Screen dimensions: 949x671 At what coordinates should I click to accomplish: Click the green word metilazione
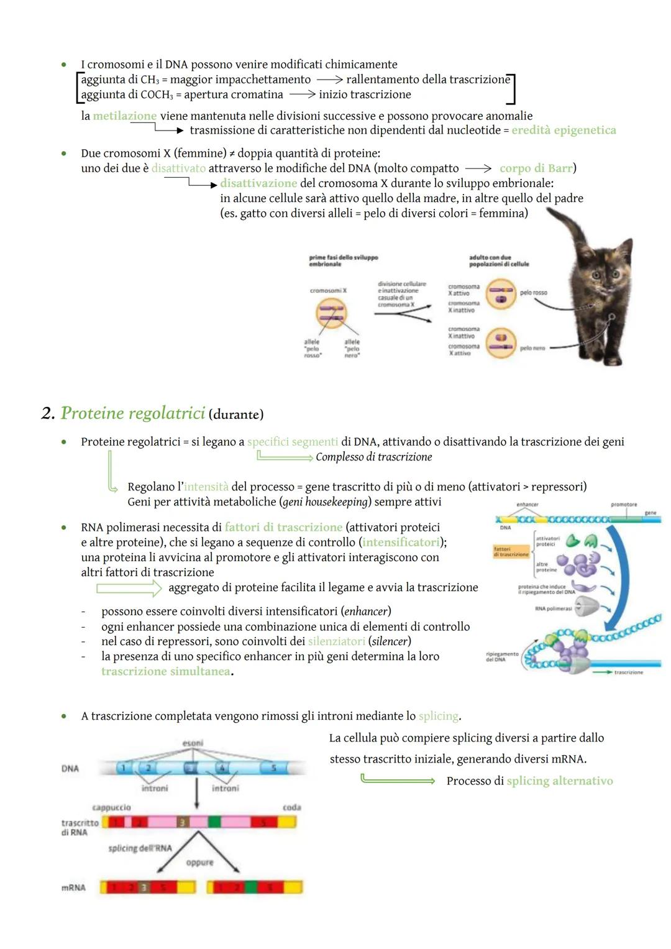click(x=124, y=116)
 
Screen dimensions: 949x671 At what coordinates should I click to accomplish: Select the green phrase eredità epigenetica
click(x=564, y=131)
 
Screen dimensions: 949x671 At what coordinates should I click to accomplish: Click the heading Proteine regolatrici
click(x=132, y=413)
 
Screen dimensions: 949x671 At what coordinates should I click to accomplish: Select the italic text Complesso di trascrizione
click(x=373, y=457)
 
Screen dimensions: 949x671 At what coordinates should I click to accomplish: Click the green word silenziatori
click(x=336, y=641)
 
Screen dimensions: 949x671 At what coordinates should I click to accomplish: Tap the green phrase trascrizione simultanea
click(x=165, y=672)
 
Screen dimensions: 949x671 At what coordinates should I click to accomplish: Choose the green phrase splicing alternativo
click(x=559, y=781)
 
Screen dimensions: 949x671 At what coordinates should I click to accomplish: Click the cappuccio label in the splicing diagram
click(x=111, y=807)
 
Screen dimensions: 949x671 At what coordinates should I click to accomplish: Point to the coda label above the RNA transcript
click(x=291, y=807)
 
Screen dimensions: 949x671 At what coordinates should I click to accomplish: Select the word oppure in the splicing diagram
click(x=199, y=863)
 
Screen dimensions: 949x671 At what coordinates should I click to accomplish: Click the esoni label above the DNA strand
click(x=193, y=743)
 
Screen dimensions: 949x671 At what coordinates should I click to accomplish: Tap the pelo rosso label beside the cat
click(x=533, y=292)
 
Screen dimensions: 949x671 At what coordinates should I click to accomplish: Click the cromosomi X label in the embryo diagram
click(x=328, y=290)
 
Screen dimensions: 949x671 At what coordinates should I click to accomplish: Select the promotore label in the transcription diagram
click(x=623, y=505)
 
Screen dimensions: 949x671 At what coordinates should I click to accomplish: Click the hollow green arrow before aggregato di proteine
click(x=129, y=588)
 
